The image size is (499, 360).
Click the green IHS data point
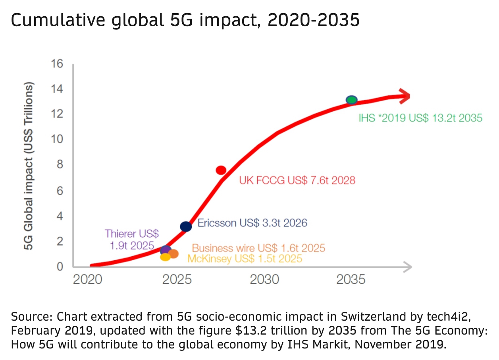click(x=352, y=100)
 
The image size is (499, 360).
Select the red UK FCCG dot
click(x=221, y=170)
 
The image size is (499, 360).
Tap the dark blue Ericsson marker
click(x=186, y=226)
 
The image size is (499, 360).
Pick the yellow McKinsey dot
click(x=165, y=257)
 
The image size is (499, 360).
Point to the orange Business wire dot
click(x=173, y=254)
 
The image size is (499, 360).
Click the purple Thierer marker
click(x=165, y=250)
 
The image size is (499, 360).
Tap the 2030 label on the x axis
click(x=264, y=279)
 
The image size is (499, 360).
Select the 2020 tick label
click(x=87, y=279)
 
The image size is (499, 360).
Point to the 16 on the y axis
click(x=57, y=64)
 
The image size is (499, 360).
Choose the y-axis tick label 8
click(x=60, y=165)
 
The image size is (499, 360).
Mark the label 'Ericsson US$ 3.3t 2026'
click(x=252, y=223)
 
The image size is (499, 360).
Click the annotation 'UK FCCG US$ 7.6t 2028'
click(x=297, y=180)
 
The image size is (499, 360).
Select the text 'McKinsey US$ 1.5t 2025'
click(x=245, y=259)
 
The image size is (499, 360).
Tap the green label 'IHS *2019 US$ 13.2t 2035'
click(x=420, y=118)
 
